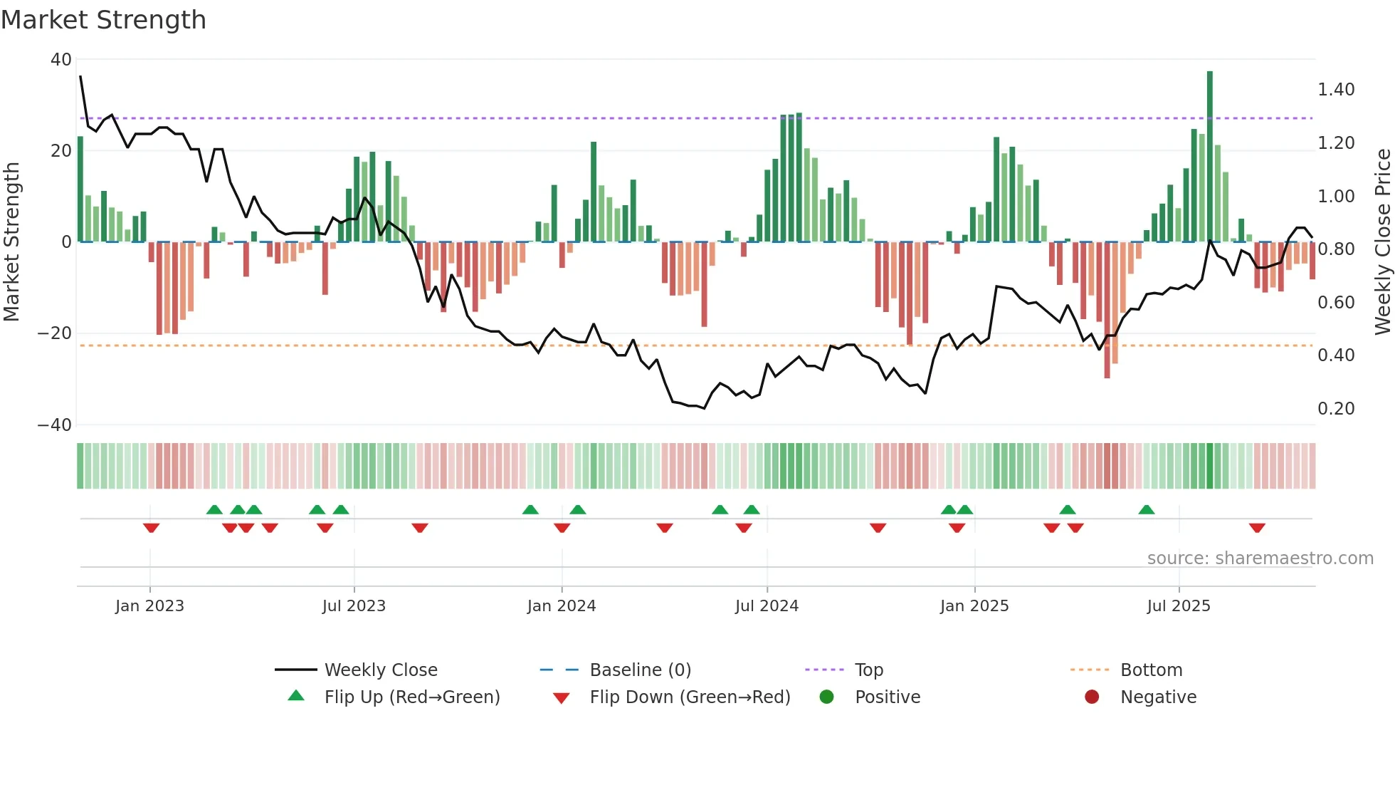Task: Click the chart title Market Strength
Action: pyautogui.click(x=103, y=20)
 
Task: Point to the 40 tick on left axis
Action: pyautogui.click(x=61, y=60)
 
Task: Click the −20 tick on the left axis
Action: pyautogui.click(x=55, y=333)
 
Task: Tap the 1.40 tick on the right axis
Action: pyautogui.click(x=1336, y=90)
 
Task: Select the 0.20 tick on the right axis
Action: pyautogui.click(x=1336, y=409)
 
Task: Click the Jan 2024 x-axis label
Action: pyautogui.click(x=562, y=606)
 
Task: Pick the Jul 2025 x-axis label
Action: pyautogui.click(x=1179, y=606)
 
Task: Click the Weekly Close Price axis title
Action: pyautogui.click(x=1382, y=242)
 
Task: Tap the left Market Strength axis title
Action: pyautogui.click(x=11, y=242)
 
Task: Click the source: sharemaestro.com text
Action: pyautogui.click(x=1260, y=558)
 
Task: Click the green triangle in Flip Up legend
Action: pyautogui.click(x=296, y=696)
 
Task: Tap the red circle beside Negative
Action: pyautogui.click(x=1092, y=697)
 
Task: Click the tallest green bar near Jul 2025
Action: pyautogui.click(x=1210, y=157)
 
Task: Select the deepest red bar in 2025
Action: pyautogui.click(x=1107, y=310)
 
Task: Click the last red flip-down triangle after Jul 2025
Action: pyautogui.click(x=1257, y=528)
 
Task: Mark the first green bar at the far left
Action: pyautogui.click(x=80, y=189)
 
